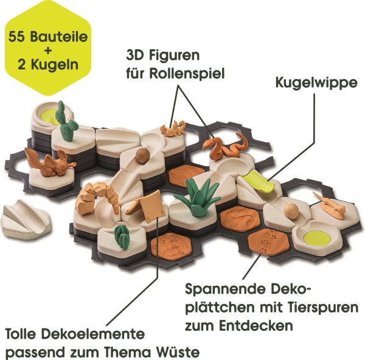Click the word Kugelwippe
pyautogui.click(x=316, y=83)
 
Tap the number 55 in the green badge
pyautogui.click(x=18, y=37)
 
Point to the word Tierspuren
pyautogui.click(x=309, y=308)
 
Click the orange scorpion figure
pyautogui.click(x=173, y=128)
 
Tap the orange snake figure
pyautogui.click(x=225, y=147)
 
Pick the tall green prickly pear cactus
pyautogui.click(x=65, y=121)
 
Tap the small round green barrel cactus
pyautogui.click(x=122, y=237)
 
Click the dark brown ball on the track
pyautogui.click(x=142, y=155)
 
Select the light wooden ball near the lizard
pyautogui.click(x=291, y=211)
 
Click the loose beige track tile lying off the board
pyautogui.click(x=26, y=218)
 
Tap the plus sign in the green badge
pyautogui.click(x=48, y=51)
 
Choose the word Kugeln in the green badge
pyautogui.click(x=55, y=64)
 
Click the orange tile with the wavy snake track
pyautogui.click(x=240, y=217)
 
